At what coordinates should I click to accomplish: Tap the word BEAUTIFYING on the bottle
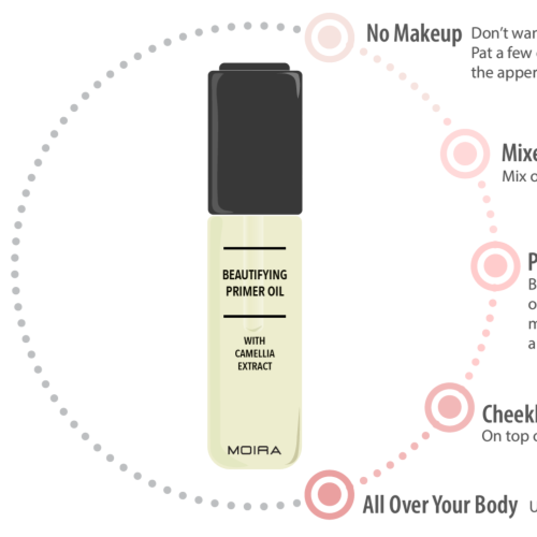255,275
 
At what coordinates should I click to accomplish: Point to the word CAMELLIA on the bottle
255,353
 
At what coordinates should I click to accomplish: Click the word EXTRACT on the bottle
255,366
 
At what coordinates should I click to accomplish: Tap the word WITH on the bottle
255,340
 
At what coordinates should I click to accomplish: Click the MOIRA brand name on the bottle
254,450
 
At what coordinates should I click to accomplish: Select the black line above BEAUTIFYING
254,248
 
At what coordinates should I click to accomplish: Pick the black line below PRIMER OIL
254,316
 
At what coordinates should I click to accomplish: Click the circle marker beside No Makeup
329,36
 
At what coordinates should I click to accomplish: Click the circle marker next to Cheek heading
449,407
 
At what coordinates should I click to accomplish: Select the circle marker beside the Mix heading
465,154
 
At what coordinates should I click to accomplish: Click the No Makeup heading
413,34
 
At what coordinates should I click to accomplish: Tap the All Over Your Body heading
440,505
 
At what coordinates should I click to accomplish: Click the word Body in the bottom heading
497,505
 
